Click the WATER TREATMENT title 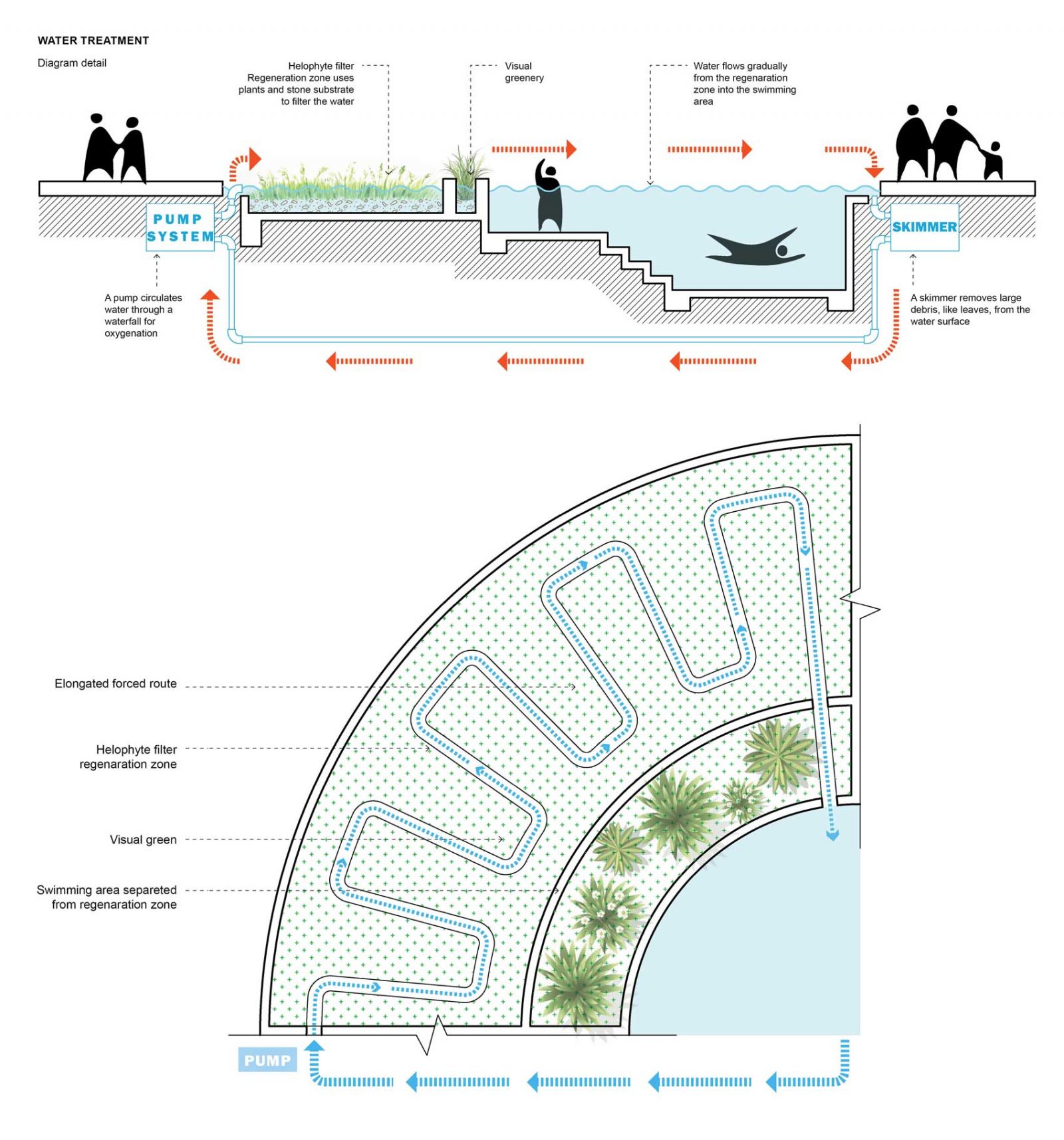(x=93, y=41)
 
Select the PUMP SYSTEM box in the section (x=180, y=227)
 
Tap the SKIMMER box (x=924, y=227)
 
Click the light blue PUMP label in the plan (x=267, y=1060)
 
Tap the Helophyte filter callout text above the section (x=297, y=84)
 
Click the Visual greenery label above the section (x=524, y=72)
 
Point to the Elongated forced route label (x=116, y=683)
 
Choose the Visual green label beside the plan (x=143, y=840)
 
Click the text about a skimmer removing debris (x=970, y=309)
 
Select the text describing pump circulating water (x=142, y=315)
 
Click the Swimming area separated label (x=107, y=897)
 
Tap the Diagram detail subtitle (x=72, y=63)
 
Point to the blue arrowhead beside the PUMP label (x=315, y=1046)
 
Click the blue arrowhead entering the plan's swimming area (x=832, y=835)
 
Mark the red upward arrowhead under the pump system (x=210, y=295)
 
